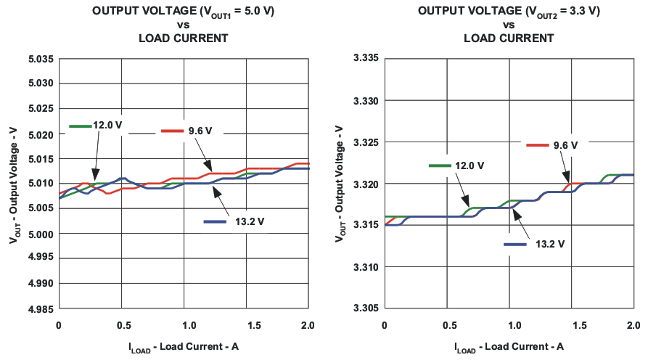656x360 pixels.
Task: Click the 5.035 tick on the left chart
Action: click(x=41, y=58)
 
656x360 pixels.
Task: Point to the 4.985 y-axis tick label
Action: click(x=41, y=308)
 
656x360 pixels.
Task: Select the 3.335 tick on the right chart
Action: click(x=366, y=58)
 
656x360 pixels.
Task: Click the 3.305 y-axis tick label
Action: click(x=366, y=308)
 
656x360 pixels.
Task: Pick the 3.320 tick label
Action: click(x=366, y=184)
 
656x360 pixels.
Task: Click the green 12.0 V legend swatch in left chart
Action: click(x=80, y=126)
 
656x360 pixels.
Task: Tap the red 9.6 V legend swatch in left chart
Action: click(x=172, y=131)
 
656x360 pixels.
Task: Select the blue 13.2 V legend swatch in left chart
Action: click(x=215, y=221)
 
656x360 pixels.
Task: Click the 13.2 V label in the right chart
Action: click(x=549, y=244)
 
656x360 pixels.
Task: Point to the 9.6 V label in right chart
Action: click(x=565, y=145)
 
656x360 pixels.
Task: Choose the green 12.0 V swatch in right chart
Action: click(x=440, y=165)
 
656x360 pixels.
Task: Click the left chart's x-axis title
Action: click(x=184, y=346)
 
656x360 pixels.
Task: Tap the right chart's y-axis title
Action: click(x=340, y=184)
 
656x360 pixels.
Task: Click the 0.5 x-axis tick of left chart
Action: click(x=121, y=324)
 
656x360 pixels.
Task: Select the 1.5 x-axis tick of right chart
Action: click(x=572, y=324)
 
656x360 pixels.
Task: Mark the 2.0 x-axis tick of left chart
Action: click(x=309, y=324)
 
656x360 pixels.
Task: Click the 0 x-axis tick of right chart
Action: click(x=385, y=324)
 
